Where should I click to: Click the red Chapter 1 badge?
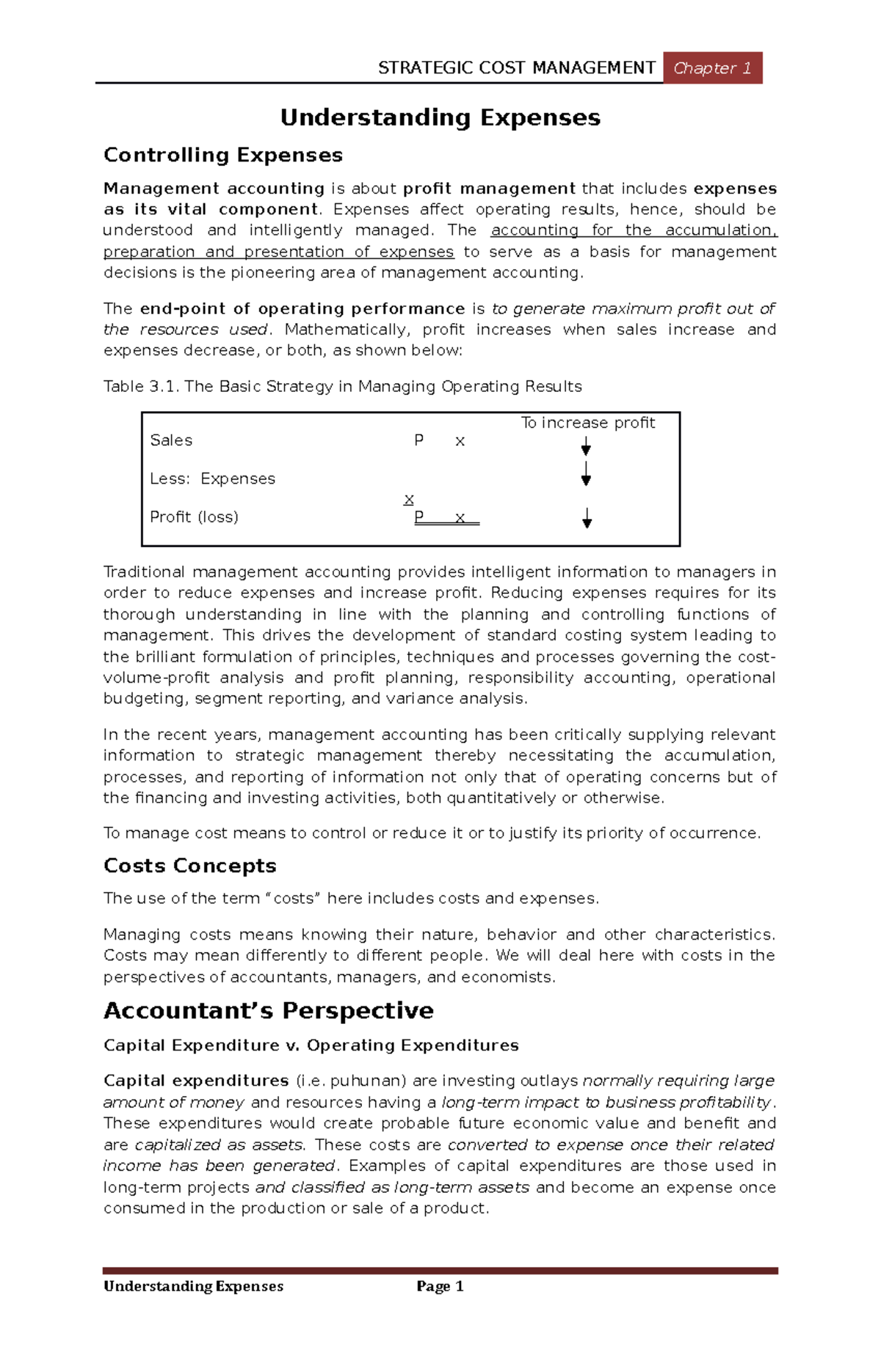tap(712, 68)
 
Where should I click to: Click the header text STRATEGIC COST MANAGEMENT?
tap(516, 68)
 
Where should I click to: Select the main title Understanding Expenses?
tap(440, 117)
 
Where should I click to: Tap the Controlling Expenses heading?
tap(223, 155)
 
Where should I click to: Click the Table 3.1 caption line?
tap(342, 386)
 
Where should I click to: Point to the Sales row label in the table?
tap(171, 440)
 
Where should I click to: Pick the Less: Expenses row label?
tap(212, 479)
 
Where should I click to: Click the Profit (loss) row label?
tap(194, 517)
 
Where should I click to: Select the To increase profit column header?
tap(587, 423)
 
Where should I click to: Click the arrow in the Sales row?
tap(586, 446)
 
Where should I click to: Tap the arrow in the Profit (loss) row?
tap(587, 518)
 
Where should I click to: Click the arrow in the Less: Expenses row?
tap(586, 474)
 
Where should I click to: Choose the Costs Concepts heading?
tap(189, 865)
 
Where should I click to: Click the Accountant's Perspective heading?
tap(268, 1011)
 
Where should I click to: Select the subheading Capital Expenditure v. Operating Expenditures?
tap(311, 1045)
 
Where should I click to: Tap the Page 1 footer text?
tap(439, 1286)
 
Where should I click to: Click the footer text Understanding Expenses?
tap(193, 1286)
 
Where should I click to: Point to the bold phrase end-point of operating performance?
tap(302, 308)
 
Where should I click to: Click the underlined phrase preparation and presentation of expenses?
tap(278, 252)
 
